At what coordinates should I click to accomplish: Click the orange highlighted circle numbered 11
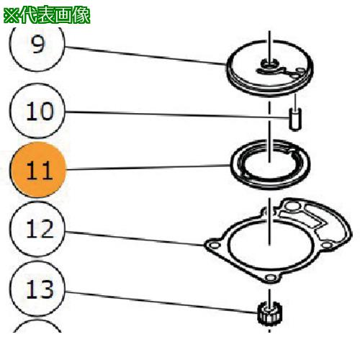37,171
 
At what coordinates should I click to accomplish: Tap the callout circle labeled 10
37,111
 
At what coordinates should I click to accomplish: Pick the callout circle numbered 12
37,230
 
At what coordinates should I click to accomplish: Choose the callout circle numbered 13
37,289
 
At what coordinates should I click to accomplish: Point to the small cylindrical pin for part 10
294,118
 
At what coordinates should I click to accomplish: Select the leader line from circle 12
137,238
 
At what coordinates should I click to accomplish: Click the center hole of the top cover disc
269,66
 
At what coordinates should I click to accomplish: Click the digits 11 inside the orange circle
37,171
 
